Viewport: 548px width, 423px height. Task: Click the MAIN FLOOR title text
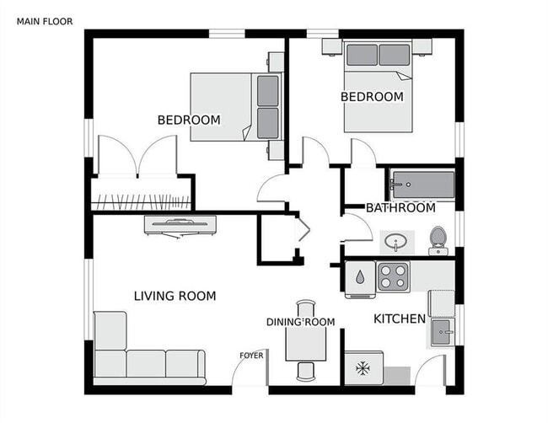tap(45, 22)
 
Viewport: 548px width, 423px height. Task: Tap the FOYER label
tap(251, 356)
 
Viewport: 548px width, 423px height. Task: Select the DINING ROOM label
tap(301, 322)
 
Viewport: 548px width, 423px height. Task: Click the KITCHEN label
tap(400, 319)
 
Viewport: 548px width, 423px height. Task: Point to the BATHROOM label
tap(400, 208)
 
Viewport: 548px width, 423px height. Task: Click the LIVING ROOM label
tap(175, 296)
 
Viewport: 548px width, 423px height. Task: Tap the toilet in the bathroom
tap(438, 241)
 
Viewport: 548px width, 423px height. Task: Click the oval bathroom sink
tap(395, 241)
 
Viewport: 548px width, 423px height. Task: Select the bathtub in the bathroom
tap(422, 185)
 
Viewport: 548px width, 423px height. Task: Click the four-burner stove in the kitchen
tap(393, 276)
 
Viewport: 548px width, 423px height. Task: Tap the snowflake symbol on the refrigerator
tap(363, 368)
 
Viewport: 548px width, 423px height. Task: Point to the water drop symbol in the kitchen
tap(360, 277)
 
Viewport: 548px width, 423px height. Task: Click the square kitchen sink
tap(442, 332)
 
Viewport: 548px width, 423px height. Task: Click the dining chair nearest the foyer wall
tap(305, 372)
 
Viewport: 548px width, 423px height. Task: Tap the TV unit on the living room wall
tap(180, 226)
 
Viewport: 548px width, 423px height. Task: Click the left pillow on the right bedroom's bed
tap(362, 55)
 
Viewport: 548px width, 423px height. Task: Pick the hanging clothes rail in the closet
tap(141, 202)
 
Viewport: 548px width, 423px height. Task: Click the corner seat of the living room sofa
tap(110, 364)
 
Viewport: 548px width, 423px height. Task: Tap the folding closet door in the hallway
tap(303, 230)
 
